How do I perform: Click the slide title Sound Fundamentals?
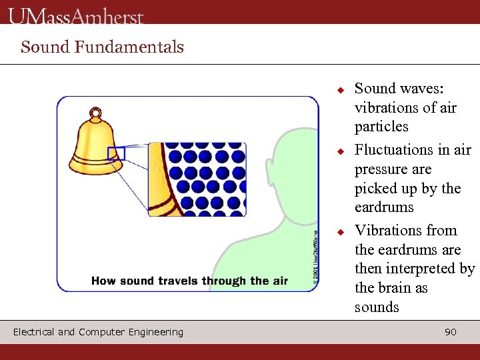pos(102,47)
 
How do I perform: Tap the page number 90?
pos(451,332)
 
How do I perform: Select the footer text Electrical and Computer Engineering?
pos(98,332)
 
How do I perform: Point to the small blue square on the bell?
pos(116,153)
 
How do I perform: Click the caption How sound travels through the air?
pos(189,281)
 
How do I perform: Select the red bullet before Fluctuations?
pos(339,151)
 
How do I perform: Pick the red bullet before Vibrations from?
pos(339,232)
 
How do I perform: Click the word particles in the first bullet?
pos(381,127)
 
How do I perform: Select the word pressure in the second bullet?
pos(383,169)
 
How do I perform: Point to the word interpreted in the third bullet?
pos(421,269)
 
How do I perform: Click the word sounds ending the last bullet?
pos(377,307)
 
